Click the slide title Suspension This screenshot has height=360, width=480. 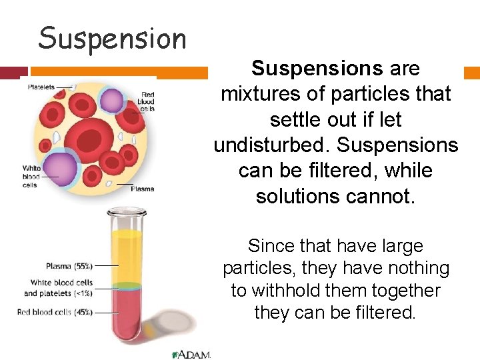pos(113,39)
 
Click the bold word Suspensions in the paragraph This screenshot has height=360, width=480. pos(317,68)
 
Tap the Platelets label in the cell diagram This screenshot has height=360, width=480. pos(41,87)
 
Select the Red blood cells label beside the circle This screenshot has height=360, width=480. pos(146,101)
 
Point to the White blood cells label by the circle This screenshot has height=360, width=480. pos(31,177)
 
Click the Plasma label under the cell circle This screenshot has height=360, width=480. pos(143,189)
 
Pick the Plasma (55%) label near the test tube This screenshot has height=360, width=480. pos(69,266)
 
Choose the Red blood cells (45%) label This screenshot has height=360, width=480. pos(55,312)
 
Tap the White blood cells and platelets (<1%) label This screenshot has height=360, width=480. pos(58,288)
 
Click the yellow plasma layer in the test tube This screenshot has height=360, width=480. pos(127,257)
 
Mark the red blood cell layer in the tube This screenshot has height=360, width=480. pos(126,312)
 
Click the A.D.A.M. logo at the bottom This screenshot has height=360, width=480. pos(191,355)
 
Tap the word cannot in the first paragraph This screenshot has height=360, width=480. pos(380,196)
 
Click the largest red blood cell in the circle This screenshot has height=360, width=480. pos(89,140)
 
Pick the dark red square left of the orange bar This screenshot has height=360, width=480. pos(14,73)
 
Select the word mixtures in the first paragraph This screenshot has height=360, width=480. pos(260,94)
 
